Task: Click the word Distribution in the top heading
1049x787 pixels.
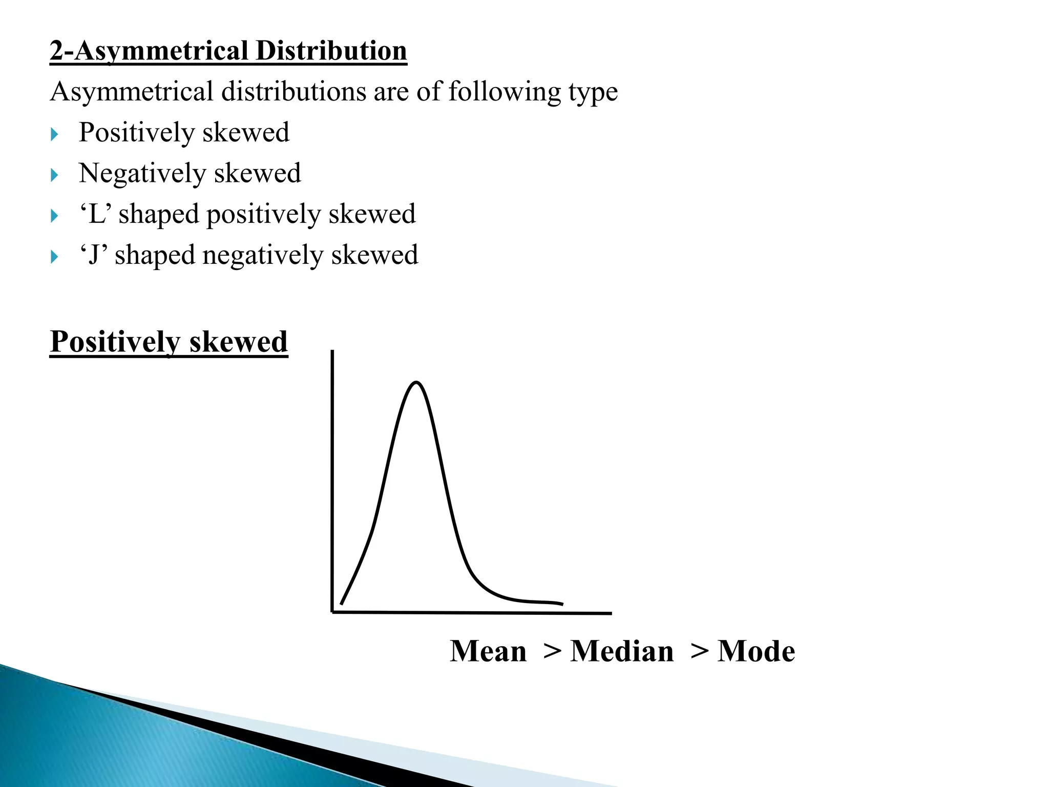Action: tap(331, 51)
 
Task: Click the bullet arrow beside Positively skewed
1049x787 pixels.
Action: tap(55, 135)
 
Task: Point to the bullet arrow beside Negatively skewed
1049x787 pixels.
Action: tap(55, 176)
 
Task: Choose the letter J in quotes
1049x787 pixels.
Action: tap(94, 255)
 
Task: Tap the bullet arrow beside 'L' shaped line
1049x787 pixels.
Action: tap(55, 216)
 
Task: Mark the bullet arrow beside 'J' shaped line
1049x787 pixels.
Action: tap(55, 257)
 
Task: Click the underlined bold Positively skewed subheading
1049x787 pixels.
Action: tap(169, 342)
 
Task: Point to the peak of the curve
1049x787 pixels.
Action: tap(416, 382)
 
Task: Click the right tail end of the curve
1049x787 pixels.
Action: tap(562, 604)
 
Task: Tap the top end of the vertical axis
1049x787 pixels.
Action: tap(333, 352)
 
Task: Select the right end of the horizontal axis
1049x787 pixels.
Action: tap(610, 613)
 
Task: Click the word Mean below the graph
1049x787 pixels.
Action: tap(488, 652)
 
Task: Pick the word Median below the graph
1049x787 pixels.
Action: tap(622, 652)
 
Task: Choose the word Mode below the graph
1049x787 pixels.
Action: tap(756, 652)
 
